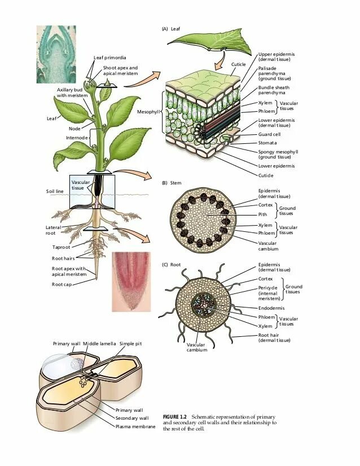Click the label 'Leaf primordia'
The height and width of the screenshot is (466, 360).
coord(109,58)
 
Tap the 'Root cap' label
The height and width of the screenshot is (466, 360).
coord(62,284)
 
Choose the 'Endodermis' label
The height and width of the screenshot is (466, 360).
coord(271,308)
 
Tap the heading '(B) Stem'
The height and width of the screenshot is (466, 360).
coord(171,183)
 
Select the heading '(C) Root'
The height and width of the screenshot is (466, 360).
coord(172,265)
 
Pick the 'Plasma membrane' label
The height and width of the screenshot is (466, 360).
coord(135,427)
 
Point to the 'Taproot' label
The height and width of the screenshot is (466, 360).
coord(62,247)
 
